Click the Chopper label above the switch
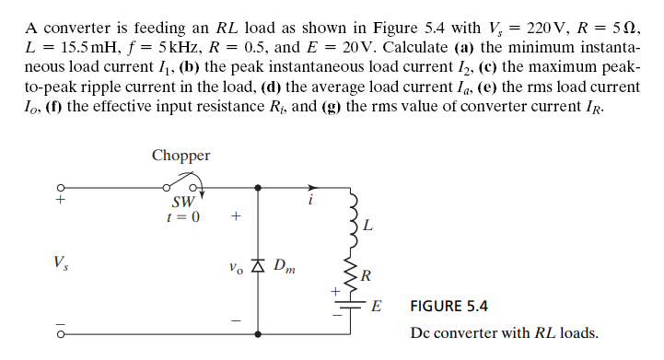pos(181,156)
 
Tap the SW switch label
pos(181,203)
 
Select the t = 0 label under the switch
pos(181,218)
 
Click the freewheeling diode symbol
pos(258,268)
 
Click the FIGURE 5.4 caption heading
pos(448,306)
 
